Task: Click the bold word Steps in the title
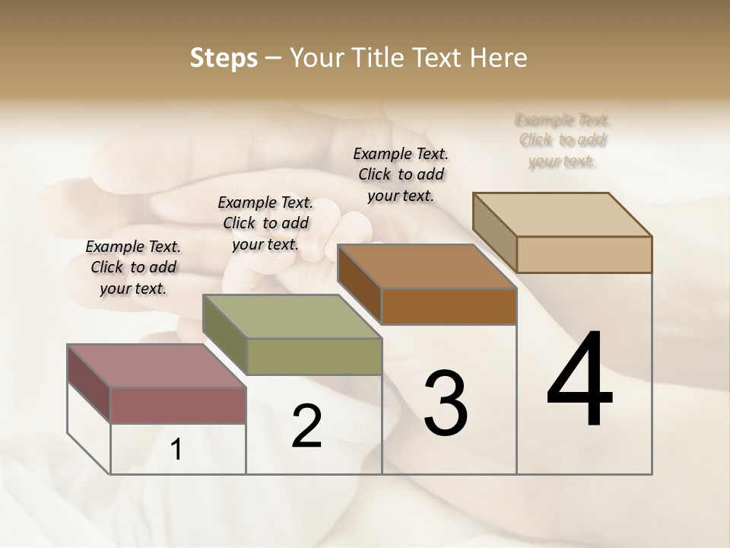click(x=223, y=58)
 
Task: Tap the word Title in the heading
click(x=379, y=58)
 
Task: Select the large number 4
click(x=579, y=381)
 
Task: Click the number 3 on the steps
click(x=446, y=403)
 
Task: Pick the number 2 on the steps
click(x=306, y=427)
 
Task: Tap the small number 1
click(x=176, y=450)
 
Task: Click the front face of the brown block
click(x=449, y=307)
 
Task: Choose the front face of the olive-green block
click(x=314, y=356)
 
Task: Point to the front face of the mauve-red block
click(x=178, y=405)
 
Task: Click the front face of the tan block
click(x=584, y=254)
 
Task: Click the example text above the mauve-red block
click(x=133, y=267)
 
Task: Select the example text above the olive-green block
click(x=265, y=223)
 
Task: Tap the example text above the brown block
click(x=401, y=174)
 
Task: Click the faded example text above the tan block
click(x=563, y=141)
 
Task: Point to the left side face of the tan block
click(x=494, y=232)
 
